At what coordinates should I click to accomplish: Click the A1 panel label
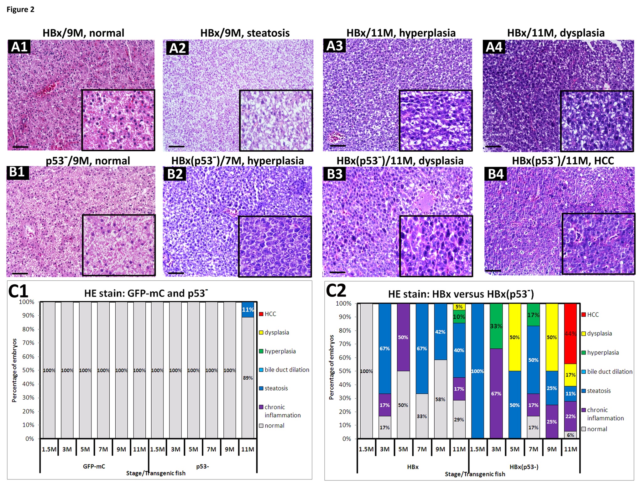click(19, 47)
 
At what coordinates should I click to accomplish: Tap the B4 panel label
click(495, 174)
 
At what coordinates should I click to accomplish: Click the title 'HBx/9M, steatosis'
click(245, 33)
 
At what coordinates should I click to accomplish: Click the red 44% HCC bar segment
click(570, 333)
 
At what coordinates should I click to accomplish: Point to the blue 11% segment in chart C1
click(248, 309)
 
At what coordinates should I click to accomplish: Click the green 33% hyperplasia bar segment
click(496, 326)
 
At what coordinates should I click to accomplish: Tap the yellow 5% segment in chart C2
click(459, 307)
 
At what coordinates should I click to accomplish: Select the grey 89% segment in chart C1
click(248, 377)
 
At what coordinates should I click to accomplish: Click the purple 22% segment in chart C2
click(570, 416)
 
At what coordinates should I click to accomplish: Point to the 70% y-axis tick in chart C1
click(28, 343)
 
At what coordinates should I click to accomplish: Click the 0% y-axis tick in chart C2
click(347, 439)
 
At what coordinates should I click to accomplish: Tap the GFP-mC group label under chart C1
click(94, 466)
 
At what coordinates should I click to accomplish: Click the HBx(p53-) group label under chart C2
click(524, 467)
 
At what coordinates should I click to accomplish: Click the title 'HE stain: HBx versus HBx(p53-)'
click(461, 294)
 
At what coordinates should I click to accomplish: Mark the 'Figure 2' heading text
click(20, 10)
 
